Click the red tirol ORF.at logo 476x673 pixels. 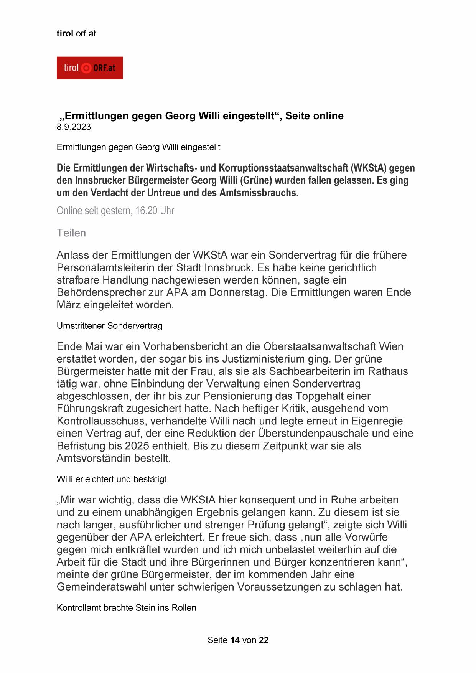pyautogui.click(x=89, y=68)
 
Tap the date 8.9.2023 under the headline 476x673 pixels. pyautogui.click(x=74, y=127)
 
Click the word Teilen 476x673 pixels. pyautogui.click(x=71, y=233)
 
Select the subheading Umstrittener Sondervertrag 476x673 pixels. pyautogui.click(x=109, y=326)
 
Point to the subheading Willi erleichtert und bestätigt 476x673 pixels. pyautogui.click(x=112, y=479)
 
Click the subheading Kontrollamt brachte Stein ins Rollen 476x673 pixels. pyautogui.click(x=126, y=608)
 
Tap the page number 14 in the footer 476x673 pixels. pyautogui.click(x=235, y=640)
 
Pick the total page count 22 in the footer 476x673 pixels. pyautogui.click(x=264, y=640)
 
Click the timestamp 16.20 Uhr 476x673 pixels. pyautogui.click(x=155, y=211)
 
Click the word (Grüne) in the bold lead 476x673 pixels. pyautogui.click(x=254, y=180)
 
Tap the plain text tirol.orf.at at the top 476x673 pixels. pyautogui.click(x=76, y=33)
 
